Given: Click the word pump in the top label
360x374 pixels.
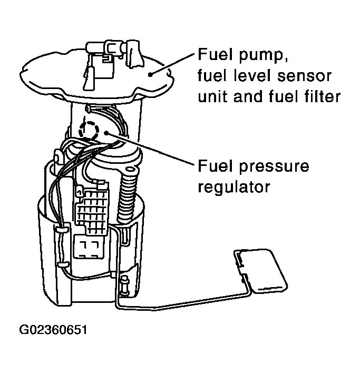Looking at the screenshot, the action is click(264, 55).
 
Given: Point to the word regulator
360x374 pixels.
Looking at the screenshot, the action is click(234, 187).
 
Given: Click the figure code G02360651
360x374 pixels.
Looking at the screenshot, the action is click(53, 330).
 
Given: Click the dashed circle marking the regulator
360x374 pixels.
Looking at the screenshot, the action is click(89, 130).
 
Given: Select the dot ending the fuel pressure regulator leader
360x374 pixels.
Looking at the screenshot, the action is click(106, 133).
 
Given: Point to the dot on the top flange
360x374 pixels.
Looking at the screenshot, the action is click(150, 75).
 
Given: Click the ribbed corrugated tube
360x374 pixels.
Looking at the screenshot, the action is click(127, 195).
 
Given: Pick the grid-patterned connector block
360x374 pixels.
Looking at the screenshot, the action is click(93, 208).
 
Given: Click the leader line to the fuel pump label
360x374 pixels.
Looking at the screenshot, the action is click(172, 64).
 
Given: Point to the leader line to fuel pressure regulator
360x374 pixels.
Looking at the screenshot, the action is click(150, 149).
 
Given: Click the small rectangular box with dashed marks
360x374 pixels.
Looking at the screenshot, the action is click(89, 247).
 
